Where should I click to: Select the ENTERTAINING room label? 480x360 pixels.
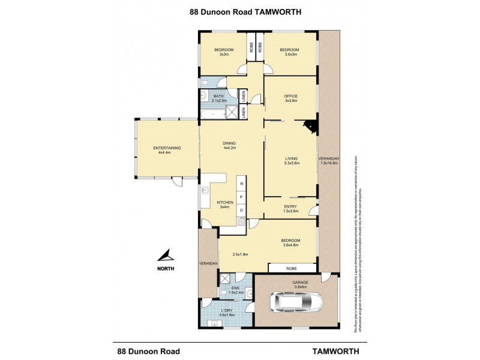tap(166, 150)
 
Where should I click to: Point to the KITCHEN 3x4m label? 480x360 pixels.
tap(225, 205)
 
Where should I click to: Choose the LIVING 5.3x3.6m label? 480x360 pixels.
tap(292, 160)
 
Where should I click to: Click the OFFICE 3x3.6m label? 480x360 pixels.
tap(291, 98)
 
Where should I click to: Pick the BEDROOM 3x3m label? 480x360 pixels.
tap(224, 52)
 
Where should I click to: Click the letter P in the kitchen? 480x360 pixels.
tap(241, 196)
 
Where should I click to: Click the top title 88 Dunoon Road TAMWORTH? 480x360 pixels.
tap(240, 11)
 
